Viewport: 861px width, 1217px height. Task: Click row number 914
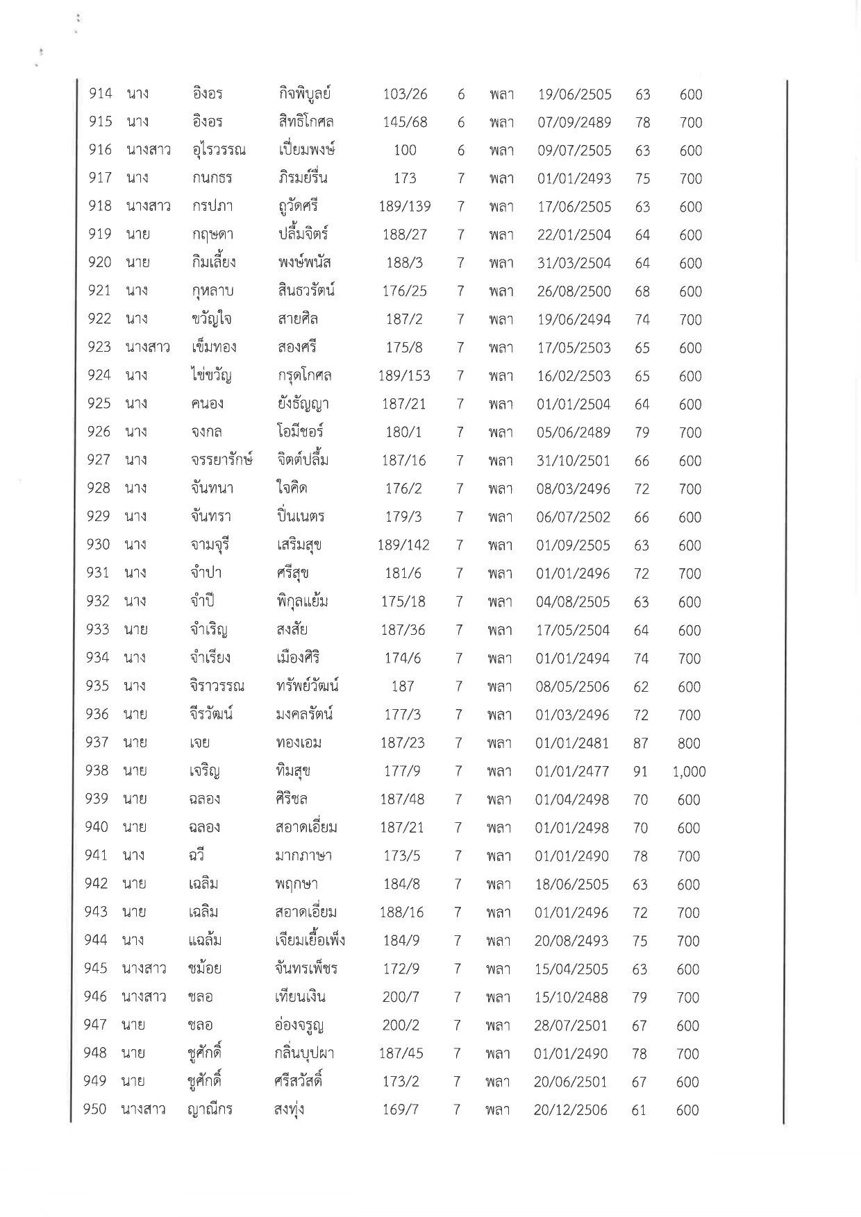click(x=101, y=94)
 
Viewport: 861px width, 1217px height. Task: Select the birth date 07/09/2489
click(x=574, y=123)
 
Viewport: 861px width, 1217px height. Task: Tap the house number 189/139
click(x=405, y=207)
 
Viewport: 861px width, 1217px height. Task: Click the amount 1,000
click(x=689, y=772)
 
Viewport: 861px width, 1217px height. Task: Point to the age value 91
click(x=640, y=772)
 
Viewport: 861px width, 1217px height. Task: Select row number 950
click(x=94, y=1109)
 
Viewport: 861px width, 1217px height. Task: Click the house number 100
click(x=405, y=151)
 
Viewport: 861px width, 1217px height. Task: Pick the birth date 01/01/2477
click(x=571, y=772)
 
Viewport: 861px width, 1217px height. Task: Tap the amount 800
click(x=689, y=744)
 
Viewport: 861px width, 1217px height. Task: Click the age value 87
click(x=640, y=744)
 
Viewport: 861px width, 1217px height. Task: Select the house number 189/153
click(x=404, y=376)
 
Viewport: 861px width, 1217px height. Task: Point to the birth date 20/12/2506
click(x=570, y=1110)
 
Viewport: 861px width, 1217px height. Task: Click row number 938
click(x=97, y=771)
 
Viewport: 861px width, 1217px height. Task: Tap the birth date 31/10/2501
click(x=573, y=461)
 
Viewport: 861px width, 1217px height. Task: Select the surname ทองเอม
click(x=298, y=743)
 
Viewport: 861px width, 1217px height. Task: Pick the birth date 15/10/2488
click(x=571, y=997)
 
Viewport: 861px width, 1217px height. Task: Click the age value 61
click(x=639, y=1110)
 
